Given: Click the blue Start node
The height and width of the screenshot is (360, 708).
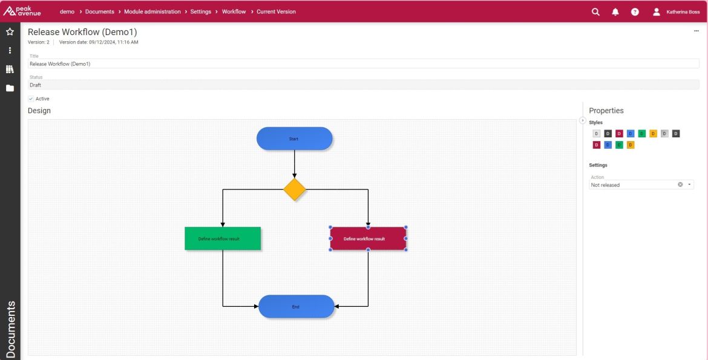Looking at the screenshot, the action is tap(295, 139).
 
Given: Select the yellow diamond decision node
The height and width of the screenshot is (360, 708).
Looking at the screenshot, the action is tap(295, 189).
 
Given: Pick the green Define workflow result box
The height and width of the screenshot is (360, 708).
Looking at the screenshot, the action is tap(223, 238).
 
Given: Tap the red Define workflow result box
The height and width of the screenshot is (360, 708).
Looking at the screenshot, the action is tap(368, 238).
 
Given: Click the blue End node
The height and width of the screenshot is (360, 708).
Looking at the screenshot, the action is tap(296, 307).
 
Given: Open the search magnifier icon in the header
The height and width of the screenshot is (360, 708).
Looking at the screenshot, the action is tap(595, 12).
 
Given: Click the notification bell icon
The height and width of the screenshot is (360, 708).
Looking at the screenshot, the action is tap(615, 12).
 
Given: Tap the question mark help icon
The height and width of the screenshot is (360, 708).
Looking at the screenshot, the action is tap(635, 12).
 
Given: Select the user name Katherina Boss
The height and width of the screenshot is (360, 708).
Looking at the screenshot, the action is tap(683, 12).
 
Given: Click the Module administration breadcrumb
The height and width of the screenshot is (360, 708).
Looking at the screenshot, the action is tap(152, 11).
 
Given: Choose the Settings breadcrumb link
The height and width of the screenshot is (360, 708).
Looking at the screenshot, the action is tap(200, 11).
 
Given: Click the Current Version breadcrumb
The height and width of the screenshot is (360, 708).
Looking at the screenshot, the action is tap(277, 11).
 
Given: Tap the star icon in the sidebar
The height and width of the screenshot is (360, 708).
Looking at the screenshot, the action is tap(10, 31).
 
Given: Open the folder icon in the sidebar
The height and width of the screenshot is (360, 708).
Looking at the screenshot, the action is tap(10, 88).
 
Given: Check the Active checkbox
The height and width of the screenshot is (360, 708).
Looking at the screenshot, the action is tap(31, 99).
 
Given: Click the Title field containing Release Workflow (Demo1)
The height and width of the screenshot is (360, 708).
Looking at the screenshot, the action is tap(364, 64).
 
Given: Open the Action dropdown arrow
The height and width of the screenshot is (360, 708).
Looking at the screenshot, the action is tap(689, 185).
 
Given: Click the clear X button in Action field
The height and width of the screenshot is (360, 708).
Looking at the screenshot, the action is tap(680, 185).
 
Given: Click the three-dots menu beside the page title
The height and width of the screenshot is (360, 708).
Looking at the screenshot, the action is tap(697, 31).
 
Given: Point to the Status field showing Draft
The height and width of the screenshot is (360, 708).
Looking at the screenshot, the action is tap(364, 85).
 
